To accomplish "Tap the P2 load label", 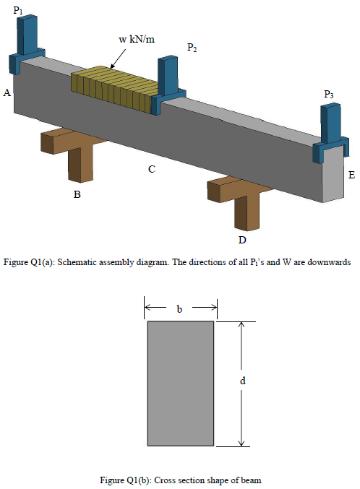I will [192, 48].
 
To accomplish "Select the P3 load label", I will [329, 94].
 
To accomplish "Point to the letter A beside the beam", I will [7, 93].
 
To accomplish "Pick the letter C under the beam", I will [151, 170].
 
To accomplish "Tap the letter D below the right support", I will [243, 239].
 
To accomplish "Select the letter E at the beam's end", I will [351, 175].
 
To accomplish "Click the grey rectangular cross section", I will [180, 384].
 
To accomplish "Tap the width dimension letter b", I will [180, 308].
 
